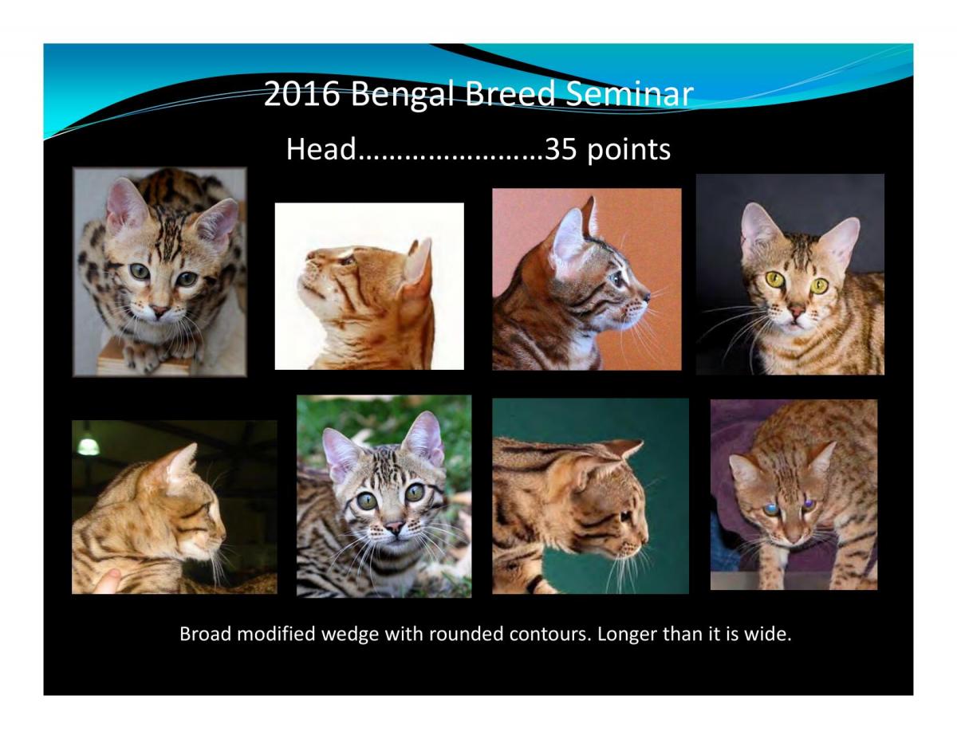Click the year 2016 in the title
tap(301, 93)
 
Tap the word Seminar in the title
tap(630, 93)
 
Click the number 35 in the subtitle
tap(561, 149)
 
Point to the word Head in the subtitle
tap(321, 149)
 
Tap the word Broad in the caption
tap(205, 634)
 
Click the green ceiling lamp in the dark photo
tap(89, 445)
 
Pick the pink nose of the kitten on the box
tap(159, 311)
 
